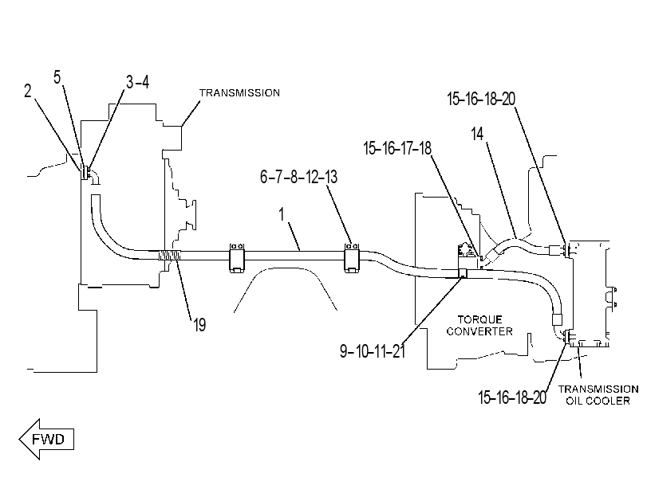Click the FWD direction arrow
[x=46, y=439]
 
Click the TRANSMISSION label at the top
[x=240, y=93]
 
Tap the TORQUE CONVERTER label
[x=479, y=325]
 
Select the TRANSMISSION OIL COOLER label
[x=598, y=395]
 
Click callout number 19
[x=199, y=325]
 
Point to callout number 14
[x=477, y=134]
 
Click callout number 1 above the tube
[x=282, y=214]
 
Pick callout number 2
[x=28, y=91]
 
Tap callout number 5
[x=57, y=77]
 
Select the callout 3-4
[x=137, y=82]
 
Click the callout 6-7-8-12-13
[x=298, y=177]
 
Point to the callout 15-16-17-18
[x=397, y=148]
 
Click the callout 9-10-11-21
[x=373, y=351]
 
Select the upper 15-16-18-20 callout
[x=481, y=99]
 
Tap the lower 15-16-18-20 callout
[x=512, y=397]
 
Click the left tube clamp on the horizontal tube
[x=237, y=257]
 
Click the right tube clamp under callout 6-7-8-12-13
[x=353, y=257]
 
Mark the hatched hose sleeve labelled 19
[x=169, y=256]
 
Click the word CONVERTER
[x=479, y=331]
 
